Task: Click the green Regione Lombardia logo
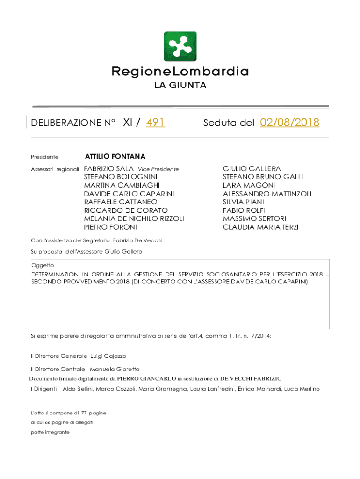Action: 180,46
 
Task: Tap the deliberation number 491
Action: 155,123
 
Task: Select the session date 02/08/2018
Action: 290,123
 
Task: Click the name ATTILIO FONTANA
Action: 115,156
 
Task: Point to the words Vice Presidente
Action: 158,169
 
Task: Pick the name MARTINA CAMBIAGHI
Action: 122,185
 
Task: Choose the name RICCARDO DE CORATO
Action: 126,210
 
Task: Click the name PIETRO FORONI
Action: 110,227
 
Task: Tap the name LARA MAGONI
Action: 249,185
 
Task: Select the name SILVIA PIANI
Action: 243,202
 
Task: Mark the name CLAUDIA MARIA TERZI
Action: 260,227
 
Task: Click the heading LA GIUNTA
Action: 180,86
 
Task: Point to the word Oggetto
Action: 42,265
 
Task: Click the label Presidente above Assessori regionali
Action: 45,157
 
